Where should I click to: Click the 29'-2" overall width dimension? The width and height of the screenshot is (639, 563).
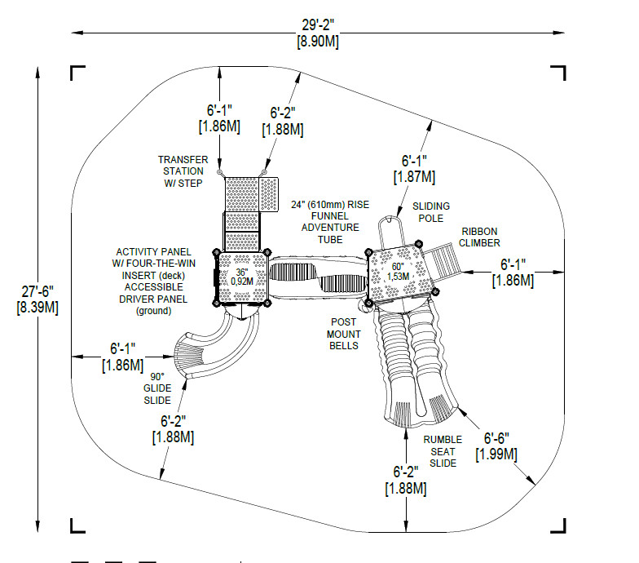pos(318,33)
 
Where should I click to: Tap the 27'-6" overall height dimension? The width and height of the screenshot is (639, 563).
pos(37,299)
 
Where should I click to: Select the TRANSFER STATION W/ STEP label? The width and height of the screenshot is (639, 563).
pos(183,171)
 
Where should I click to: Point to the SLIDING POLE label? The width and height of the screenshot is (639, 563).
pos(430,212)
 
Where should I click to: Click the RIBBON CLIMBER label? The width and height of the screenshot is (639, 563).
pos(479,237)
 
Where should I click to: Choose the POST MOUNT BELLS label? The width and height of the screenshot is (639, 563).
pos(344,334)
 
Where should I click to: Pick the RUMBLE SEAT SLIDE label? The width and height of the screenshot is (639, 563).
pos(443,451)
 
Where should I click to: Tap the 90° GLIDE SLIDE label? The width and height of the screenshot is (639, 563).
pos(157,388)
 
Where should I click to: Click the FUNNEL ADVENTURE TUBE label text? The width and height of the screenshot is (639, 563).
pos(330,228)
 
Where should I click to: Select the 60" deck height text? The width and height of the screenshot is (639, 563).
pos(398,271)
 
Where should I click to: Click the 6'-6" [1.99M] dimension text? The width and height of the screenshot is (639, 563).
pos(496,446)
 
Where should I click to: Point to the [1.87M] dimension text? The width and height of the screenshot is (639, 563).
pos(414,177)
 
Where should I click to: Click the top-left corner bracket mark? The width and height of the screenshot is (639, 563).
pos(78,72)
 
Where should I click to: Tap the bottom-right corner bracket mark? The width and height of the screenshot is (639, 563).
pos(558,525)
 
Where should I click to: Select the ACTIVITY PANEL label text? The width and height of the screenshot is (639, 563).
pos(153,251)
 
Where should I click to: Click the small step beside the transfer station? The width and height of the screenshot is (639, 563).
pos(269,194)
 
